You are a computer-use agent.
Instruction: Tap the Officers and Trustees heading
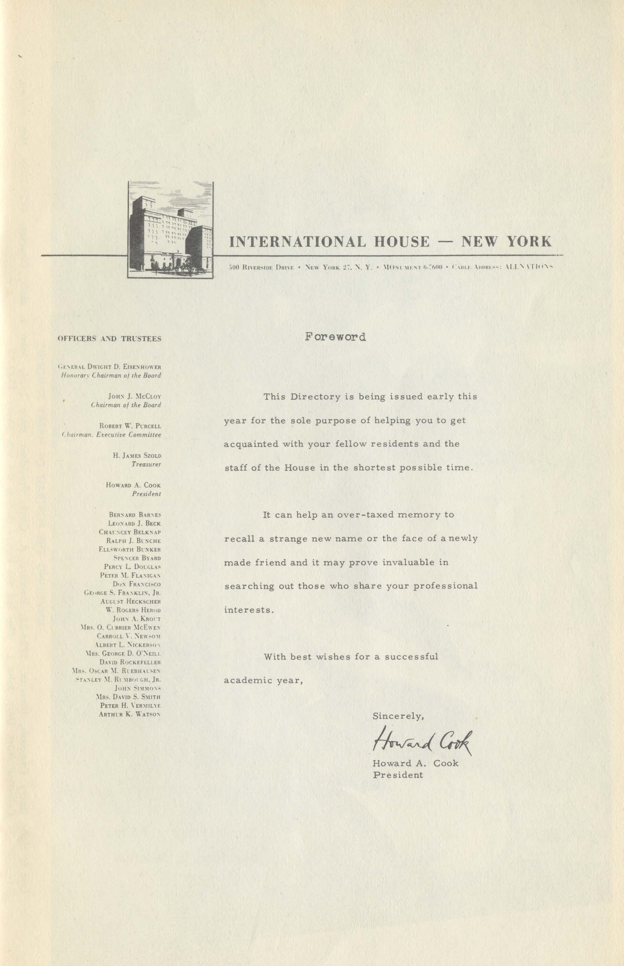pyautogui.click(x=109, y=339)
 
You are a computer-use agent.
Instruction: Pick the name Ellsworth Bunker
pyautogui.click(x=130, y=549)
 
